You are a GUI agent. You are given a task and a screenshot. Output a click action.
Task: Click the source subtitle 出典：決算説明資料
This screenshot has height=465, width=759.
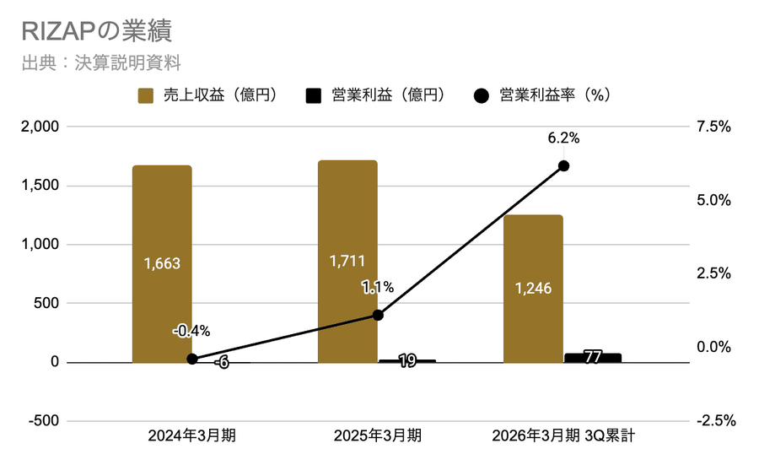click(x=100, y=63)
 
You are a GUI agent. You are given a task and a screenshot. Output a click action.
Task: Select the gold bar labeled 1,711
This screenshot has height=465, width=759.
click(x=347, y=261)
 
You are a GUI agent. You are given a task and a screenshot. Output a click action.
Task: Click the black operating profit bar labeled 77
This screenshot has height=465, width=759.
click(x=593, y=358)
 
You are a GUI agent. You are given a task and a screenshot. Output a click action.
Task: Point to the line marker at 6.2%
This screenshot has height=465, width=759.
click(x=564, y=165)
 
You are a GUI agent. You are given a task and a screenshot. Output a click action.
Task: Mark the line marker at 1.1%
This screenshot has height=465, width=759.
click(x=378, y=315)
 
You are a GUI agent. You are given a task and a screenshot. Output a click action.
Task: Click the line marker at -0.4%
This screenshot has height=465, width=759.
click(x=192, y=359)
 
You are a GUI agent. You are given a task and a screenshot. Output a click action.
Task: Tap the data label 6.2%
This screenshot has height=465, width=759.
click(x=564, y=138)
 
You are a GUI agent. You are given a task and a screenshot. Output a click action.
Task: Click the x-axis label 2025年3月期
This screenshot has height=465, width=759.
click(x=377, y=436)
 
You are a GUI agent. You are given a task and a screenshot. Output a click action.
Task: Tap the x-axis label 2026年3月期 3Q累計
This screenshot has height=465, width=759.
click(x=563, y=436)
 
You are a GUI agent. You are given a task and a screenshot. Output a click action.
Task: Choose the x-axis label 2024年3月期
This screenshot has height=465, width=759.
click(x=191, y=436)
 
